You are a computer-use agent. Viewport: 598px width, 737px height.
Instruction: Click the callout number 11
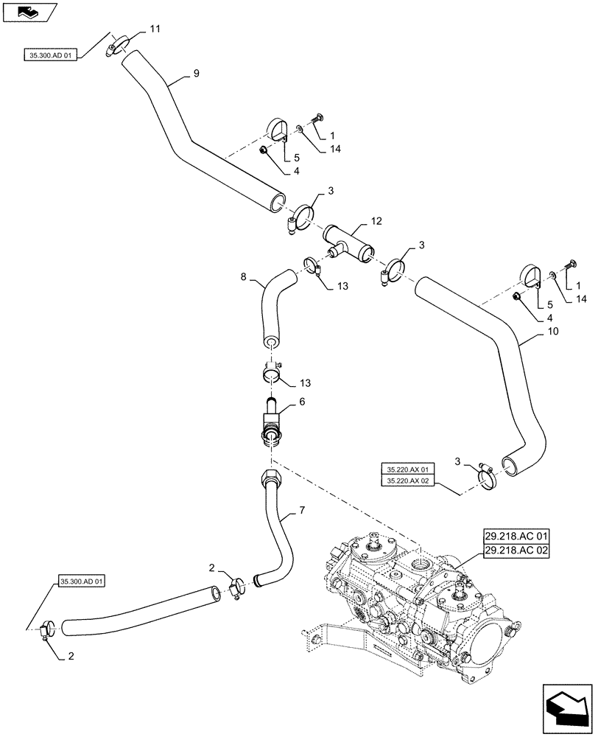coord(154,29)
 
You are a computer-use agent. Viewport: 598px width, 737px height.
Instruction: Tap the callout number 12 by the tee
coord(376,221)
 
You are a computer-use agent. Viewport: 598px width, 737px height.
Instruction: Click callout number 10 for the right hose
coord(552,332)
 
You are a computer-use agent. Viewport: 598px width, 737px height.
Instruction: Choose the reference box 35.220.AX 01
coord(407,469)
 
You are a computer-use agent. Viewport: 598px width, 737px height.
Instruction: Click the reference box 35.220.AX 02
coord(407,481)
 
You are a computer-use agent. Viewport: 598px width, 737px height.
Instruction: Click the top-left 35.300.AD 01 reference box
coord(50,55)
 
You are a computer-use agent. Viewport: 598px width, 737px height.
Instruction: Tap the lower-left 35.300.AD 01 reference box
coord(80,581)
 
